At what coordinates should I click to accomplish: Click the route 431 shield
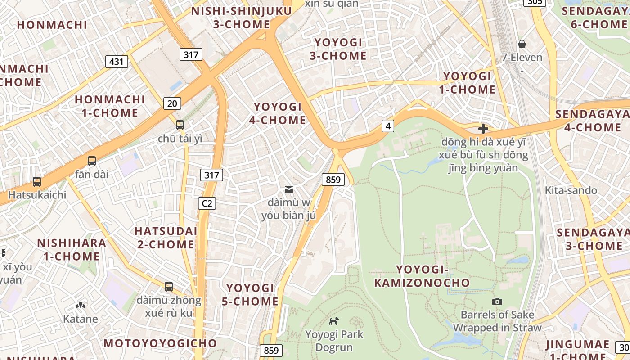coord(117,62)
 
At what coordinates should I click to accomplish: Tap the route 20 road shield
coord(172,103)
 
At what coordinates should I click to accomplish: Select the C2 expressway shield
coord(207,203)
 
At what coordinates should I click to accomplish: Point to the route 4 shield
coord(388,126)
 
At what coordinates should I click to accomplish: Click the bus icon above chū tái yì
coord(180,125)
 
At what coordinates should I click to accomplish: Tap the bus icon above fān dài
coord(92,161)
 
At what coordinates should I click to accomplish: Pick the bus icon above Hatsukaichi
coord(37,182)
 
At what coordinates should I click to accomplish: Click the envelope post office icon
coord(289,190)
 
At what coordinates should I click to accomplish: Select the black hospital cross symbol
coord(483,129)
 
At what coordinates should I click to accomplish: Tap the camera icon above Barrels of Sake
coord(497,301)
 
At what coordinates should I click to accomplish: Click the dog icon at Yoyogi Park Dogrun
coord(334,321)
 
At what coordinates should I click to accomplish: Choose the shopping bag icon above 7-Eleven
coord(522,44)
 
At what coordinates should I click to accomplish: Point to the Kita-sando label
coord(571,190)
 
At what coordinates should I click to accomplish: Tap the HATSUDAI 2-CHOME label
coord(166,238)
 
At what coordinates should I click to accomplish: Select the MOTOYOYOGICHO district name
coord(160,343)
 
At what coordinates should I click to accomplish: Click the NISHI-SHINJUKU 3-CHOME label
coord(241,18)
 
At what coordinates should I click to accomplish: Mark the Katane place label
coord(81,319)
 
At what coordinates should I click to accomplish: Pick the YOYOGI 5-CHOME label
coord(250,295)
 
